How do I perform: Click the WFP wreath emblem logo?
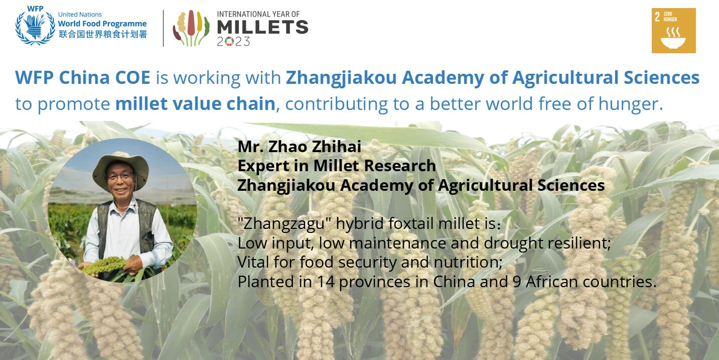(35, 26)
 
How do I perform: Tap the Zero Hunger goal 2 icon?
(674, 31)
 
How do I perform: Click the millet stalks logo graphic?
(191, 28)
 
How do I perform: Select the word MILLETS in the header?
(262, 27)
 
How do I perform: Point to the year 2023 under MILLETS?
(233, 42)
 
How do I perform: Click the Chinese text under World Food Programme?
(103, 34)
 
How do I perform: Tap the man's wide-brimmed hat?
(120, 170)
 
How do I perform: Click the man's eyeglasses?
(120, 177)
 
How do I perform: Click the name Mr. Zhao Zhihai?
(300, 147)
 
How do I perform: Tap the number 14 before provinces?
(326, 282)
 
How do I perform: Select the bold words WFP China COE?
(82, 78)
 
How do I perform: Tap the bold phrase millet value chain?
(195, 104)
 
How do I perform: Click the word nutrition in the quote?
(468, 263)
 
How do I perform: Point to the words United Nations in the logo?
(80, 15)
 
